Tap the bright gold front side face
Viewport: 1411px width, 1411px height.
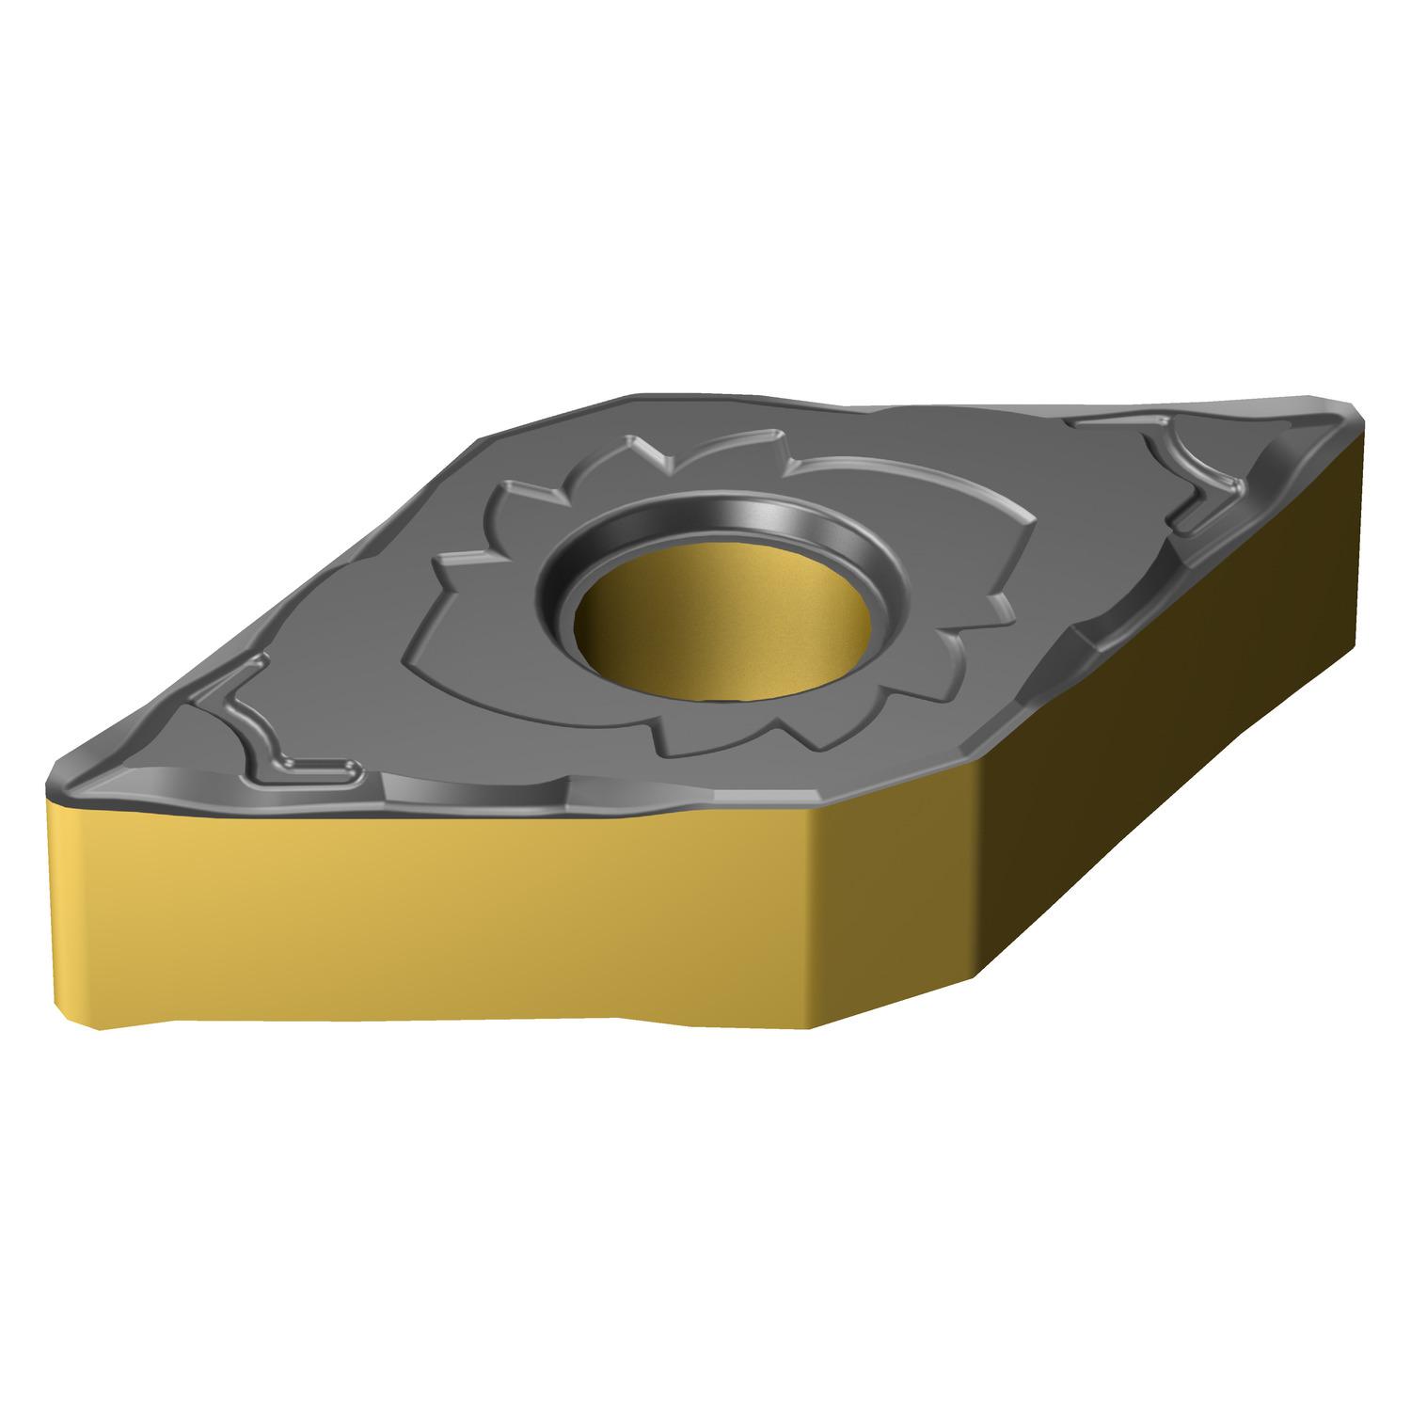pos(470,903)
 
